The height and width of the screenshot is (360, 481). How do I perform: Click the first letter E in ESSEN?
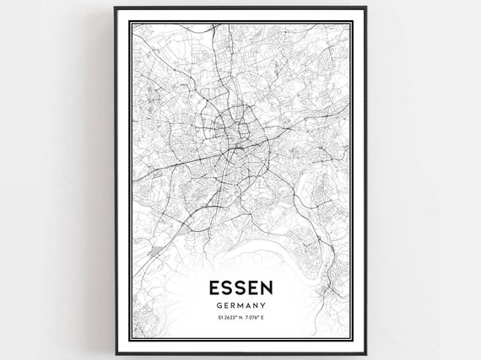(x=211, y=287)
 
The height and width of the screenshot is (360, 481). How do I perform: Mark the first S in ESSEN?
(x=224, y=287)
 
